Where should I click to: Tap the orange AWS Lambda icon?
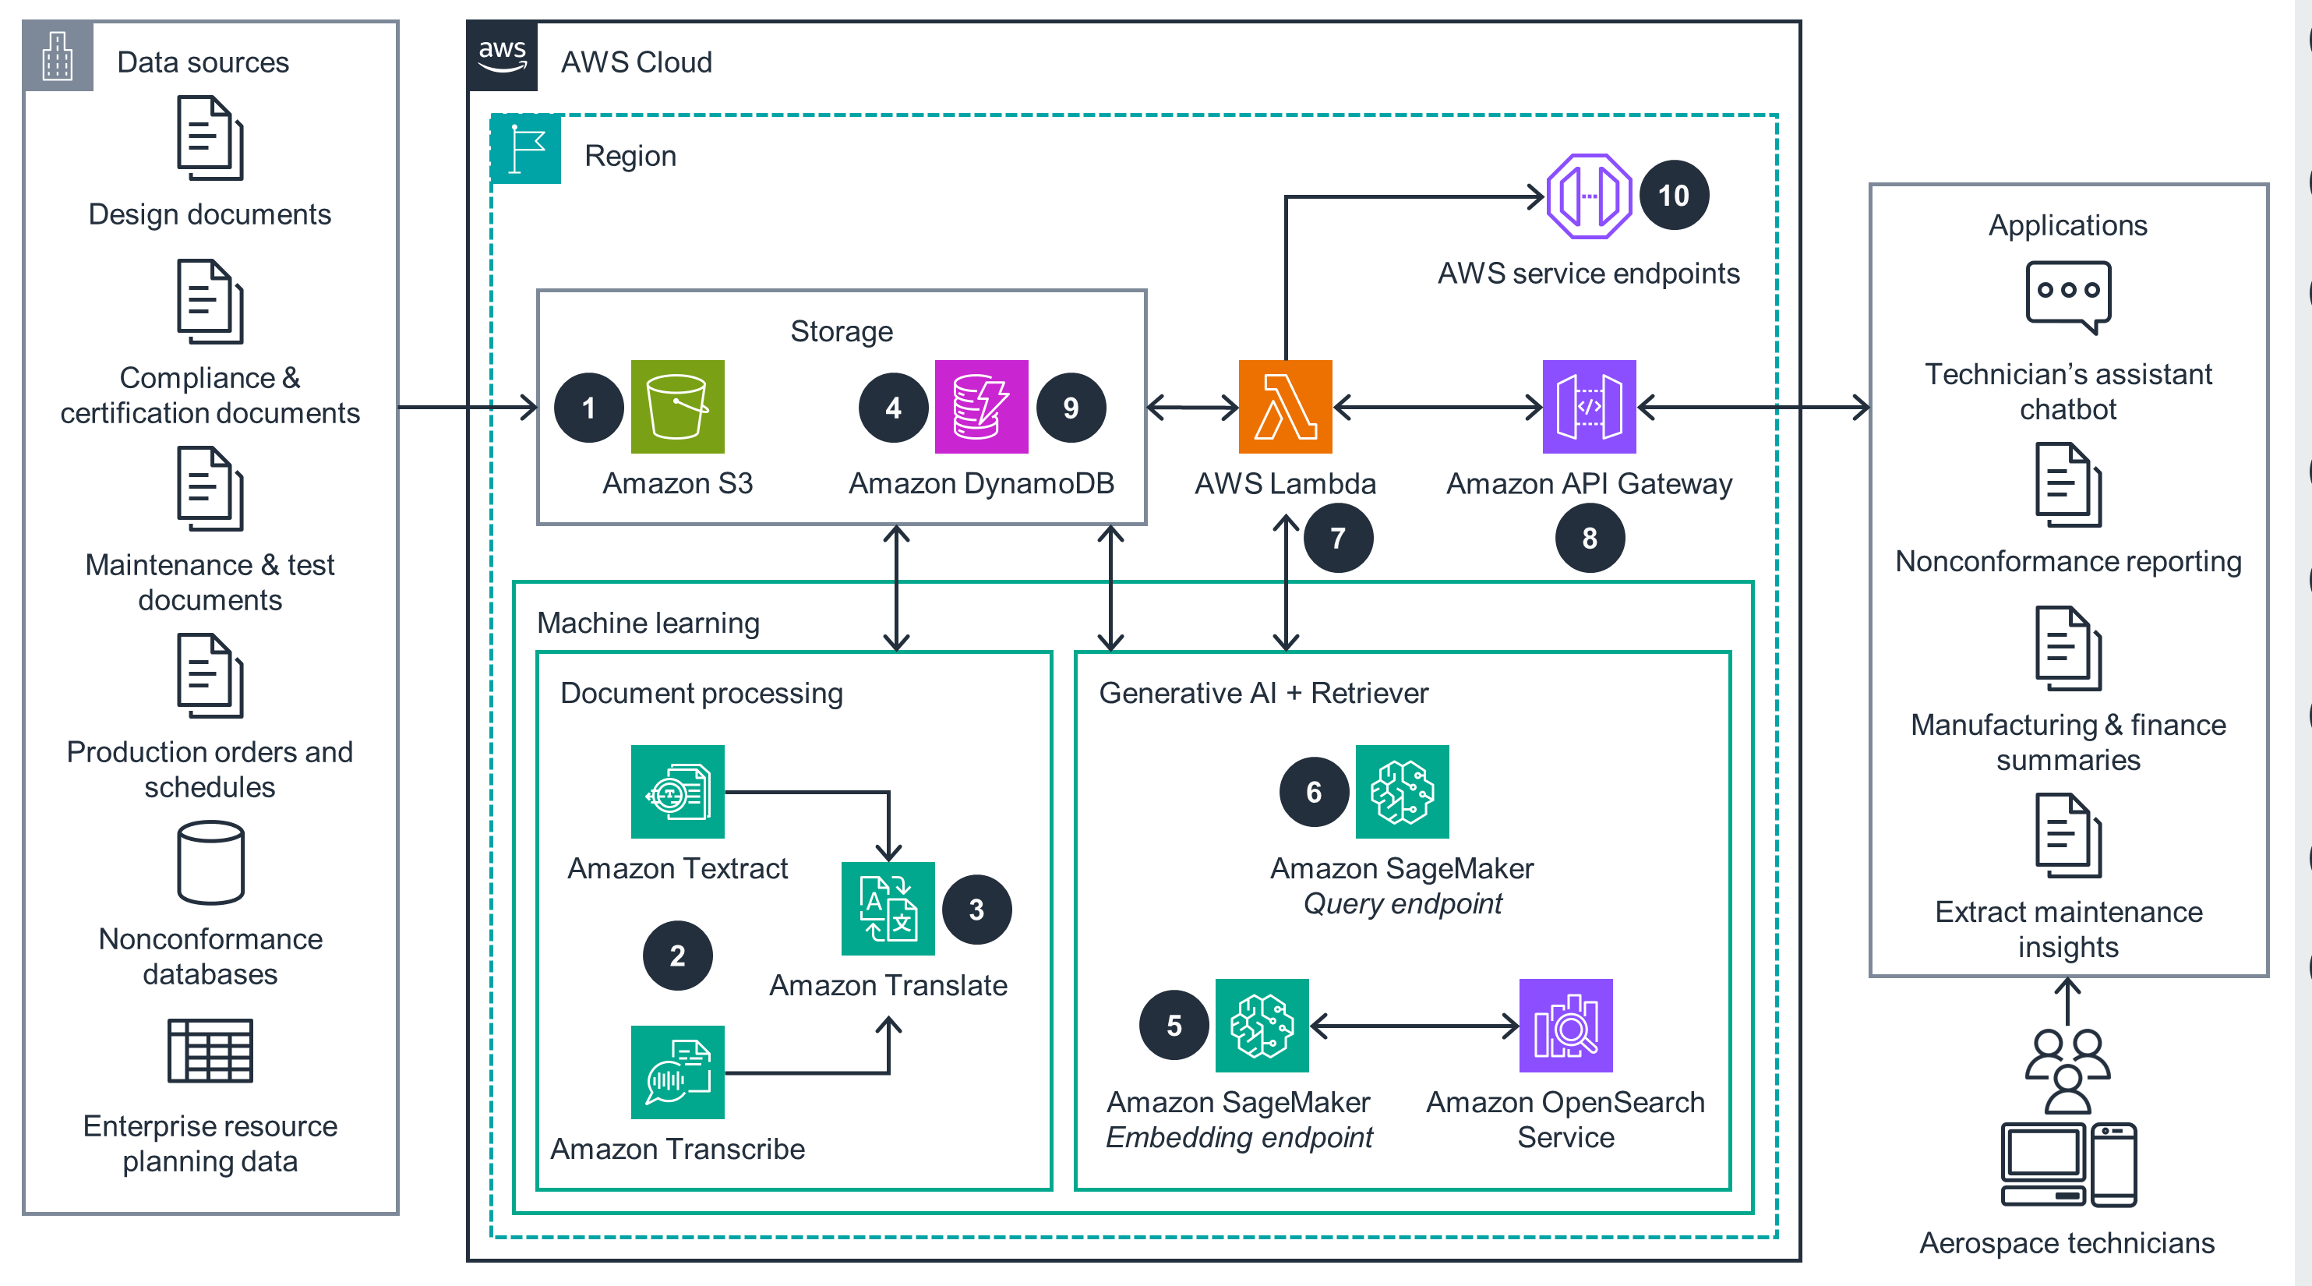pos(1284,407)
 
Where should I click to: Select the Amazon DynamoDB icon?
pos(980,407)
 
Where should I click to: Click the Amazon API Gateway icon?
pos(1588,407)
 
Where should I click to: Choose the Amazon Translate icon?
pos(887,908)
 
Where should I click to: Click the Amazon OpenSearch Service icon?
pos(1565,1025)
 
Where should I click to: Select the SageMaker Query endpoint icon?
pos(1401,792)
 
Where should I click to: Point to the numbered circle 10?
pos(1673,195)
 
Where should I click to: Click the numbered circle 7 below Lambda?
pos(1337,538)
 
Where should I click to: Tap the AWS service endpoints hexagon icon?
pos(1588,196)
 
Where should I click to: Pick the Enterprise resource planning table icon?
pos(210,1050)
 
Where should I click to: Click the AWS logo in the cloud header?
pos(502,55)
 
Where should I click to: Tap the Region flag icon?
pos(526,149)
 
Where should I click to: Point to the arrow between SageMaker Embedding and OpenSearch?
pos(1414,1025)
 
